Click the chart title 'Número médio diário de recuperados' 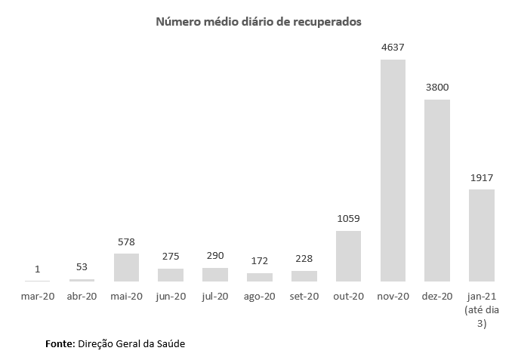point(258,22)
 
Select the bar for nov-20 point(393,170)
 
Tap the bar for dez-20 point(437,190)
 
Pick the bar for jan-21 point(482,235)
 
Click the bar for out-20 point(348,256)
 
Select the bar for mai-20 point(126,267)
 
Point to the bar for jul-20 point(215,274)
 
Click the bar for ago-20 point(260,277)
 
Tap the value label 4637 point(393,47)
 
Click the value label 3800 point(437,87)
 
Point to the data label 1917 point(482,177)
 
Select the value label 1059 point(348,219)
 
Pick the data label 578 point(126,242)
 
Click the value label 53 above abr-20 point(82,267)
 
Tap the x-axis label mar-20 point(37,296)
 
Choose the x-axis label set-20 point(304,296)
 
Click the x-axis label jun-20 point(171,296)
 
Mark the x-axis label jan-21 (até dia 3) point(482,309)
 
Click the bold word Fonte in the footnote point(60,343)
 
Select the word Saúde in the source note point(169,343)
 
